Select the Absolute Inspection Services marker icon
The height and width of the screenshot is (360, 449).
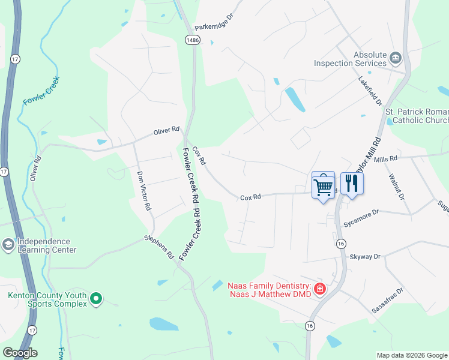[396, 58]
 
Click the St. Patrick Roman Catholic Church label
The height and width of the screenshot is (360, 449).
[417, 116]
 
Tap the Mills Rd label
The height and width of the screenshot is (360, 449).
[385, 158]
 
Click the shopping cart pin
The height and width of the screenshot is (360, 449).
[323, 185]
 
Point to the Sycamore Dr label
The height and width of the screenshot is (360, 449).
[361, 212]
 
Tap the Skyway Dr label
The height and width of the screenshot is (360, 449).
[365, 256]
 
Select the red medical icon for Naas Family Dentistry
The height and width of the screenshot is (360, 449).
[319, 289]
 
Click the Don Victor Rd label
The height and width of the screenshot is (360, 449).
[143, 191]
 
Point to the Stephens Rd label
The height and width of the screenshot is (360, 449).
[158, 247]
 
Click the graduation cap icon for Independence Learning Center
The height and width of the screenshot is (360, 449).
[8, 245]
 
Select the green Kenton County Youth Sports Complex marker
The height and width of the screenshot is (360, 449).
[96, 298]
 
